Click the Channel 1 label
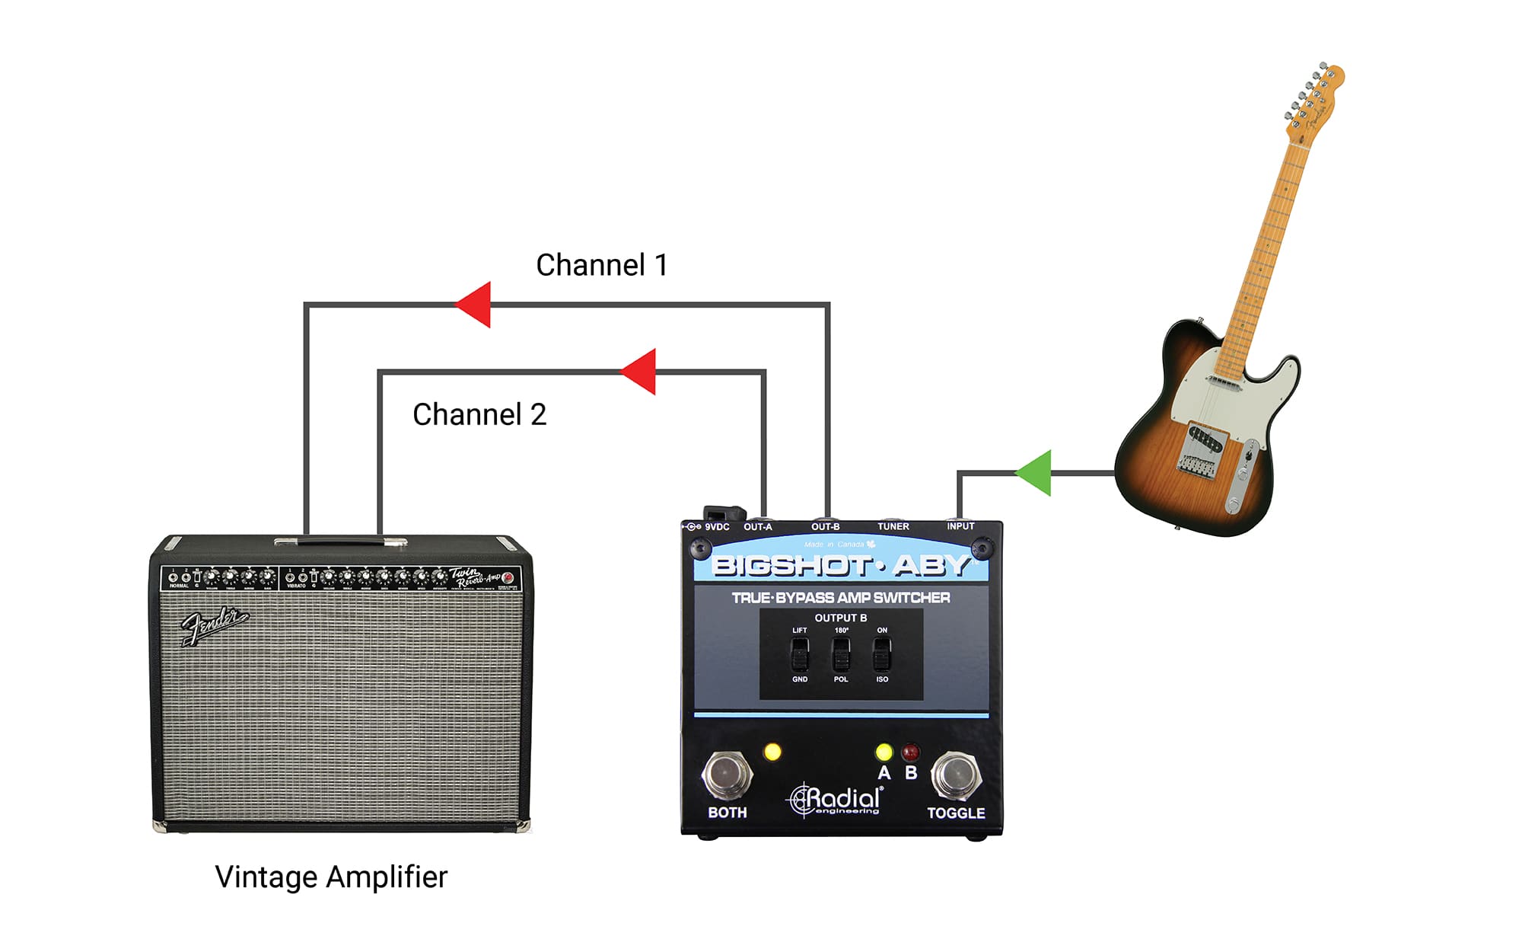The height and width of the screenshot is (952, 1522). (601, 265)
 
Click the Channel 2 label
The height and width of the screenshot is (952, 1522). (479, 414)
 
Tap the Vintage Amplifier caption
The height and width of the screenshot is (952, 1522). (331, 877)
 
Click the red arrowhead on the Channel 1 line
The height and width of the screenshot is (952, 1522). (476, 305)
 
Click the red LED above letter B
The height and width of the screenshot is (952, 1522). (910, 752)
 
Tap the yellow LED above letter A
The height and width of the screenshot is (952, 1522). (884, 752)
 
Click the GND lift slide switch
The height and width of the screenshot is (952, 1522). (800, 653)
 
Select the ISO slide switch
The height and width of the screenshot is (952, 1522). (882, 653)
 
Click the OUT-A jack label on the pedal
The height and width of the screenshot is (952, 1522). (757, 526)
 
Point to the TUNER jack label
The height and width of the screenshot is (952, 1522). (893, 526)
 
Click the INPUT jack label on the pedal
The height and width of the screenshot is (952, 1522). (960, 526)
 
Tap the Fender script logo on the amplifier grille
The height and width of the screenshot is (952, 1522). (214, 626)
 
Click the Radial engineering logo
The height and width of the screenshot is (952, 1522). (836, 800)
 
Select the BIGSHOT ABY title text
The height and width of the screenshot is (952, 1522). (840, 565)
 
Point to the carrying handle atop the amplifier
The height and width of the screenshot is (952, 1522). (340, 541)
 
